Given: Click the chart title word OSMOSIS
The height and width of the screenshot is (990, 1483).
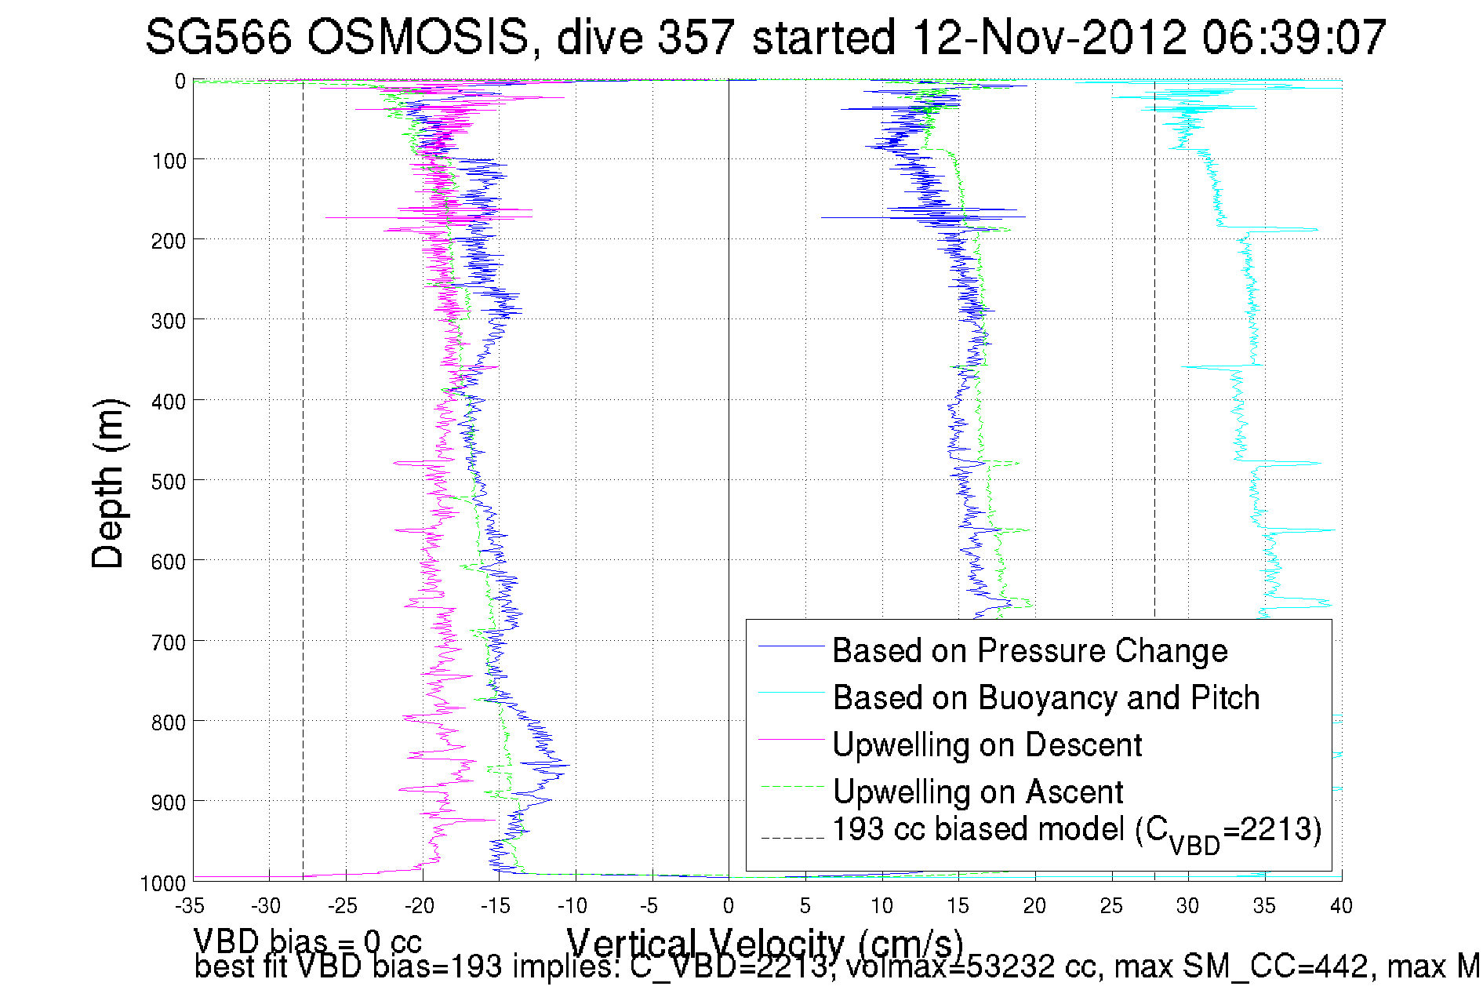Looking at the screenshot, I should coord(417,37).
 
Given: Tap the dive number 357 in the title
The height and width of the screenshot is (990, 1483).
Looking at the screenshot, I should coord(696,37).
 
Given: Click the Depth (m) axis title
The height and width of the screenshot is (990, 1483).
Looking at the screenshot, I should coord(107,483).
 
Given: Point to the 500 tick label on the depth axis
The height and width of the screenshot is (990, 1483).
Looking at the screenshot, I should coord(168,481).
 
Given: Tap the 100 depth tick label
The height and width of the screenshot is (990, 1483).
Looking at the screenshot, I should coord(168,162).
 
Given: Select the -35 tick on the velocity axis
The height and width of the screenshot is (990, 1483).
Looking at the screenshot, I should coord(191,907).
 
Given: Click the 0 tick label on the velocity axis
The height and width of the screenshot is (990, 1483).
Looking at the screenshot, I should coord(729,907).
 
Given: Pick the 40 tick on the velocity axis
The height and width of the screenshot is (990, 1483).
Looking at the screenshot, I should coord(1341,907).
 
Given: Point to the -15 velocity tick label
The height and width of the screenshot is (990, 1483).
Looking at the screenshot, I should coord(496,907).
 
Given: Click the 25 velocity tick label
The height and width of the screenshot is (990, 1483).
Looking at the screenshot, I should coord(1111,907).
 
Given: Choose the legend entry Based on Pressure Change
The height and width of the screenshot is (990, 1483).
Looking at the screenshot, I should coord(1030,651).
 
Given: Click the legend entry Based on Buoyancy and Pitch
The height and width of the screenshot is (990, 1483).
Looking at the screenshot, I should coord(1045,698).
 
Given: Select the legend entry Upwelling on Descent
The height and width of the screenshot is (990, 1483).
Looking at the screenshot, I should coord(987,745).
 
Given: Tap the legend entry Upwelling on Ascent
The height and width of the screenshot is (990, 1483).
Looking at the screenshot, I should coord(977,792).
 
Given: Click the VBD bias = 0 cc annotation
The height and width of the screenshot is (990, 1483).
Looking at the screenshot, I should coord(307,941).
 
